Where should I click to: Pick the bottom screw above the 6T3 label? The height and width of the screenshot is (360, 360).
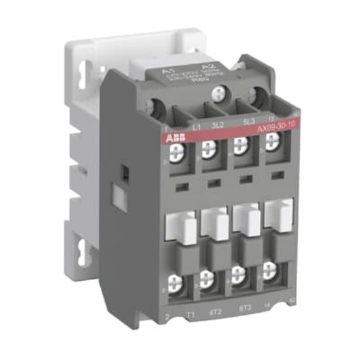(240, 276)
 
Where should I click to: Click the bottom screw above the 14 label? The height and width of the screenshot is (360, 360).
(270, 272)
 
